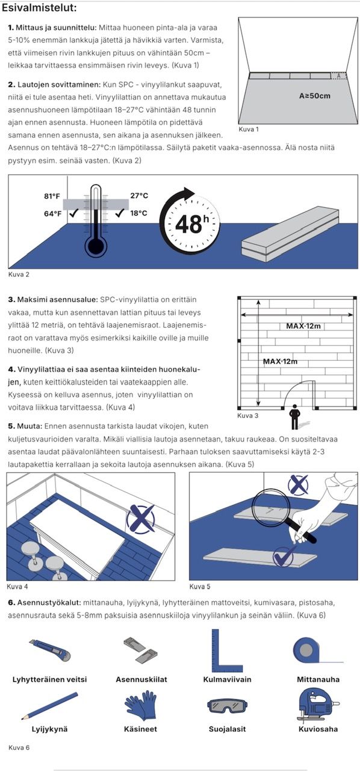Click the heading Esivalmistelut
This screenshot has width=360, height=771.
click(39, 8)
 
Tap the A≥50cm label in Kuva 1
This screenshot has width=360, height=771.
click(315, 96)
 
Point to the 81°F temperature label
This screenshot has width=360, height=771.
click(52, 196)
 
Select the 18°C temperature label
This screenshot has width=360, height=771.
click(138, 213)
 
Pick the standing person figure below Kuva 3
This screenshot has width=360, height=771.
click(294, 417)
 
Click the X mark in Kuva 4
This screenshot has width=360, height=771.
click(140, 519)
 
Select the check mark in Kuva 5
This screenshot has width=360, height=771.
click(284, 555)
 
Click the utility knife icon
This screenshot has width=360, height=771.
click(50, 650)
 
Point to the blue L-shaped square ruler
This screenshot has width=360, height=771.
click(227, 651)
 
